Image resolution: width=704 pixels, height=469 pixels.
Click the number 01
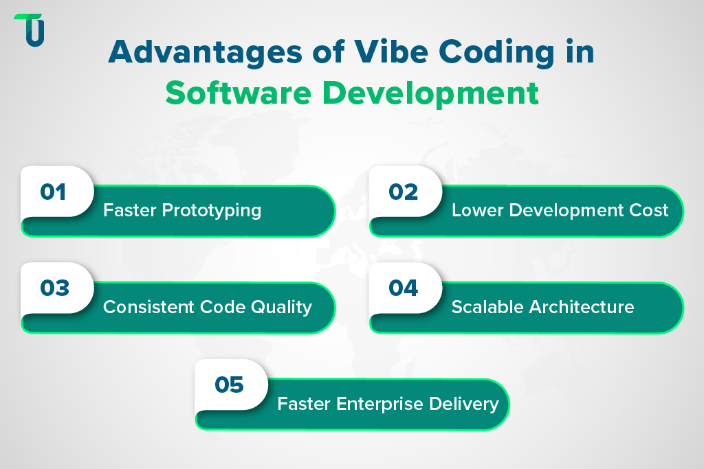(53, 191)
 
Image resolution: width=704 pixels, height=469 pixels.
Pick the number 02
(403, 191)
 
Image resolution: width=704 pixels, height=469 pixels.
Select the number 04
(403, 288)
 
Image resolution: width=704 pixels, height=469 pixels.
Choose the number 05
(229, 385)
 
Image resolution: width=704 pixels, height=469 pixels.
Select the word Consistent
(139, 307)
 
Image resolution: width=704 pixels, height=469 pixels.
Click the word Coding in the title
(500, 54)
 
